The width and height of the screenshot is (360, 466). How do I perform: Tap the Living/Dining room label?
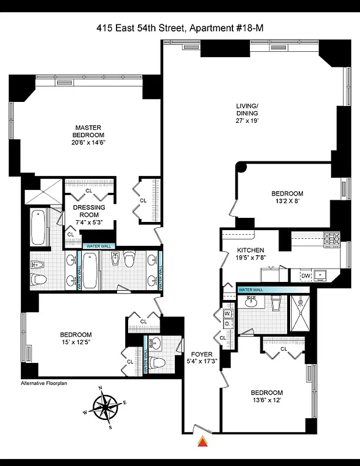click(247, 110)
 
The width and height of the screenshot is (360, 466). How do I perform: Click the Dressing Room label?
click(89, 211)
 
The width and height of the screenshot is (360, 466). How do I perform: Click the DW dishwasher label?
click(305, 276)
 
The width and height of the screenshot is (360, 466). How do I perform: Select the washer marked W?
click(227, 314)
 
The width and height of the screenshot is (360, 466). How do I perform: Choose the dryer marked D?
click(227, 324)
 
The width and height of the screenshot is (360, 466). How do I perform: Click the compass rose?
click(105, 406)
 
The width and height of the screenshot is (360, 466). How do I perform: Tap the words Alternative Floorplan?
click(46, 383)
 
